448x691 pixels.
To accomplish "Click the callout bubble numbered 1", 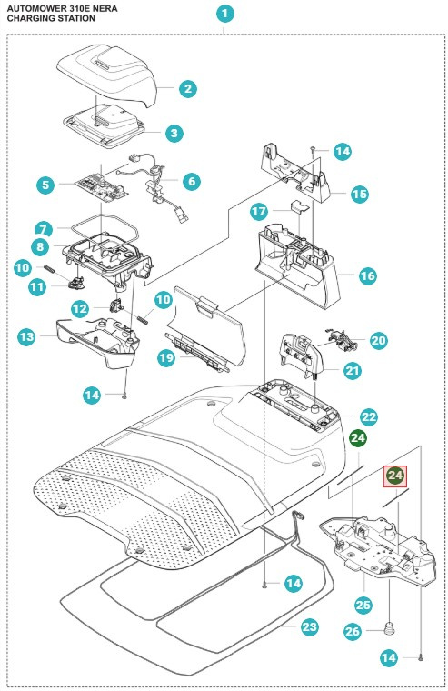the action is (224, 14).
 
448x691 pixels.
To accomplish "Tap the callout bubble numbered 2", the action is (188, 88).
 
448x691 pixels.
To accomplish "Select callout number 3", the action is (174, 133).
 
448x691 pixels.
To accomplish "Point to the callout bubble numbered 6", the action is (192, 181).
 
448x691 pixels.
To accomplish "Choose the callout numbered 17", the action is (259, 212).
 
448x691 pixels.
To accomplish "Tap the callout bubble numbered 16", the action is (367, 276).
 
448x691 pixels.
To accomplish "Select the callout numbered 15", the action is (360, 194).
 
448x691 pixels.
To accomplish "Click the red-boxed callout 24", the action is (395, 476).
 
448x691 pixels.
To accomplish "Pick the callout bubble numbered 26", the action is (353, 632).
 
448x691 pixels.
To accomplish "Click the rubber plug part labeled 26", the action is (389, 627).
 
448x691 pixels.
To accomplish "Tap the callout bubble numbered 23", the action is (309, 626).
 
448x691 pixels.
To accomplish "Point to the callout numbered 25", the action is (363, 605).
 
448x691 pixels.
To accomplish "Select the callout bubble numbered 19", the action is (166, 357).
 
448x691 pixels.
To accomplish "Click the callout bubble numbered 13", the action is (26, 337).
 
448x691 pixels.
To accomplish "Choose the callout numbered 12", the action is (80, 309).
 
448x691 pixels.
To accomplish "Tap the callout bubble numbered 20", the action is (378, 341).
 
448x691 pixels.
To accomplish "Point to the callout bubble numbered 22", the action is (369, 417).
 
